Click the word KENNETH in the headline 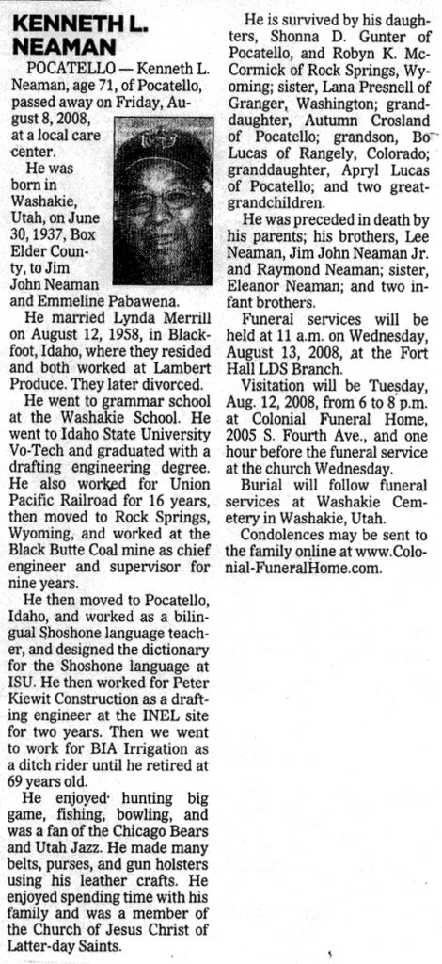click(x=55, y=21)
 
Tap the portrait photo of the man click(x=162, y=201)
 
